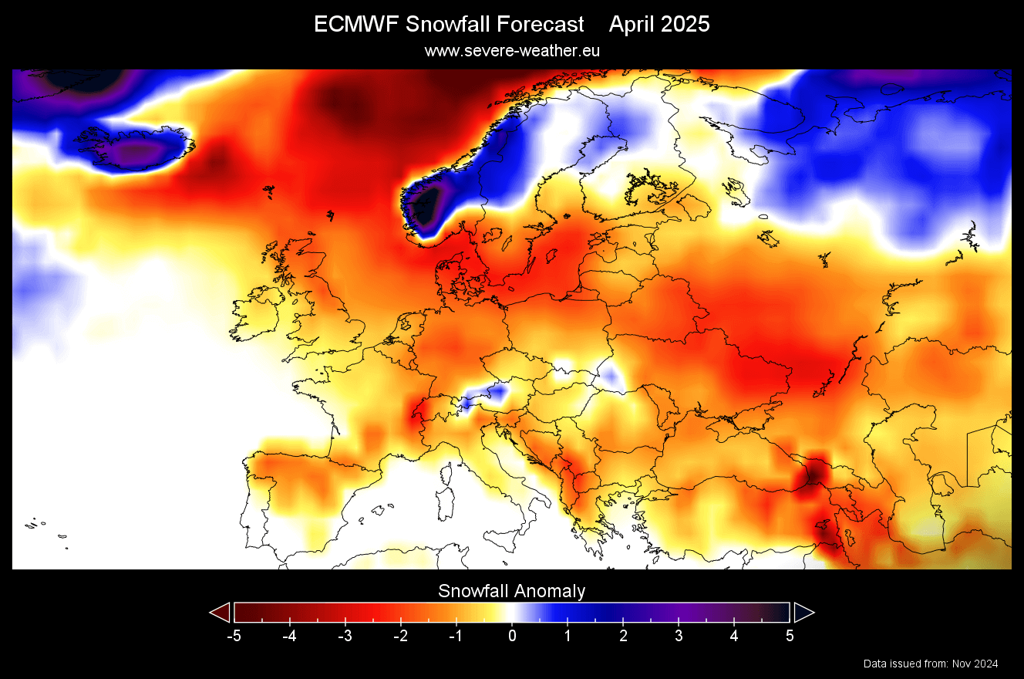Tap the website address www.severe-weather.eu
click(512, 51)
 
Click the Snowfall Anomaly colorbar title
click(512, 592)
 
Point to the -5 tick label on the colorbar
click(234, 637)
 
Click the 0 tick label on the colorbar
click(512, 637)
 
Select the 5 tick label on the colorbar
click(790, 637)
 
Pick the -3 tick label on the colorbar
click(345, 637)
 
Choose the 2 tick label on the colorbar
click(623, 637)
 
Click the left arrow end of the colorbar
click(221, 613)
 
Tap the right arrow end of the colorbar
click(803, 613)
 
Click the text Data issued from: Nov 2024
click(931, 664)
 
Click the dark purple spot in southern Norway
click(423, 207)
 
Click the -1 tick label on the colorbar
click(455, 637)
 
